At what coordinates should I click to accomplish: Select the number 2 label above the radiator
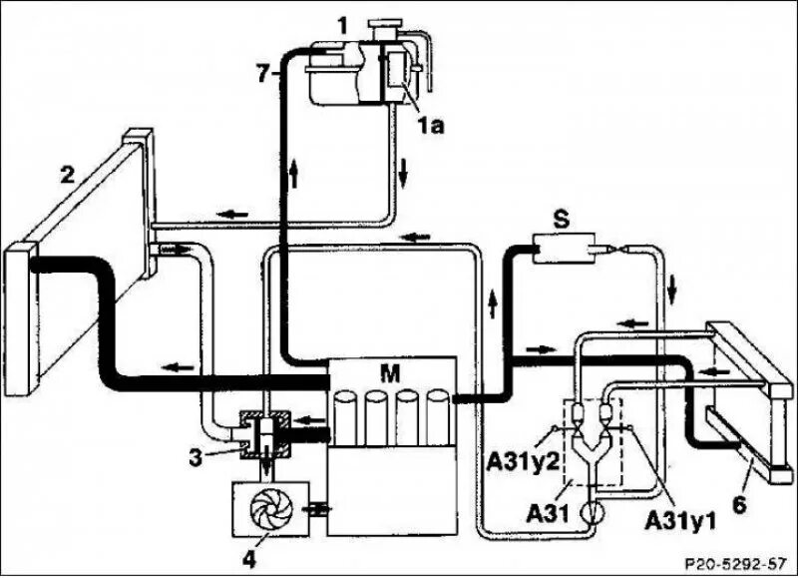(x=67, y=177)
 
